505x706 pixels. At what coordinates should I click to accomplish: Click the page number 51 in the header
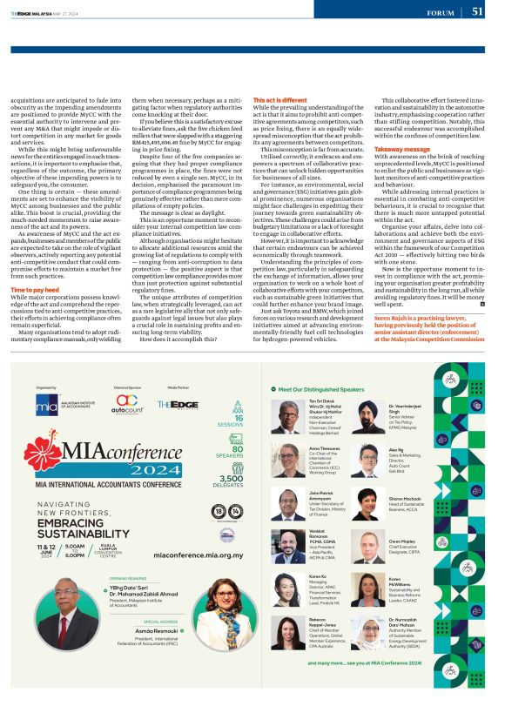pyautogui.click(x=477, y=11)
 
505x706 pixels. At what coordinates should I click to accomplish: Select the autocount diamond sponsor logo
pyautogui.click(x=129, y=403)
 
